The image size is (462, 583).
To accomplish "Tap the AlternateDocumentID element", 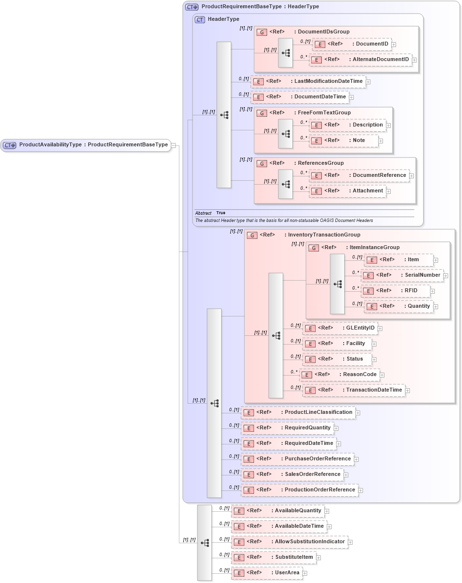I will tap(361, 60).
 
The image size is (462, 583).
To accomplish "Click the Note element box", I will tap(344, 141).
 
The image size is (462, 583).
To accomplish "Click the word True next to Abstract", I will tap(221, 213).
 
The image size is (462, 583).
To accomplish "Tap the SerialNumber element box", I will tap(402, 275).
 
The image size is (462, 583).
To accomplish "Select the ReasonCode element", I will tap(339, 375).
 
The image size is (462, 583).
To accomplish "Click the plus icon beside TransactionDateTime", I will tap(408, 390).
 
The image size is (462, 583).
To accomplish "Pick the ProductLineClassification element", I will tap(298, 412).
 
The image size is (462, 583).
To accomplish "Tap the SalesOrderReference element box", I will tap(292, 474).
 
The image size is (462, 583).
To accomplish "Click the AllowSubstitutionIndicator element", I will tap(289, 542).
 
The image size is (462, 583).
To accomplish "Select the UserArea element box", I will tap(267, 573).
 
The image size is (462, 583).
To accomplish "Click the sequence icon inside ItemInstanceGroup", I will tap(337, 284).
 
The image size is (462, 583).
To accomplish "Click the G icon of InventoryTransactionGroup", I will tap(252, 235).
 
